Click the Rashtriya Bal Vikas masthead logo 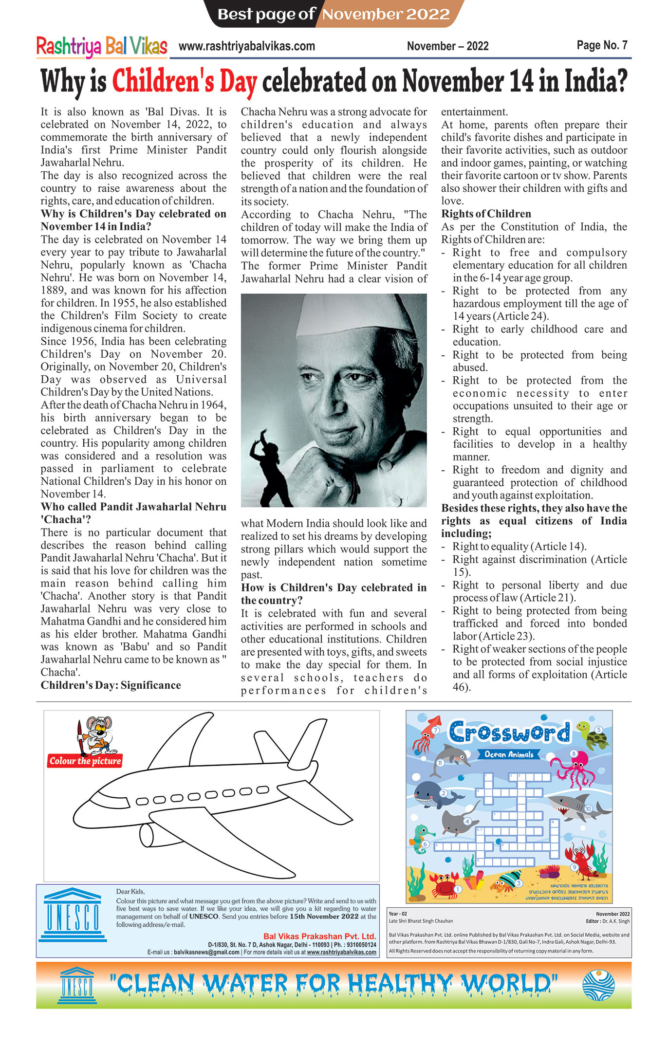click(x=102, y=47)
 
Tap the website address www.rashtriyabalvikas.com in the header click(x=246, y=46)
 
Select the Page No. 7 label click(x=602, y=45)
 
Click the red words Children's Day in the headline click(x=185, y=81)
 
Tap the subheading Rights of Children click(x=486, y=214)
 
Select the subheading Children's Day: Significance click(x=111, y=685)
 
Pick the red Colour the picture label click(x=85, y=761)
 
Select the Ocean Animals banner click(x=509, y=754)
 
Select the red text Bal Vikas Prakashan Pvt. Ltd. click(x=319, y=936)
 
